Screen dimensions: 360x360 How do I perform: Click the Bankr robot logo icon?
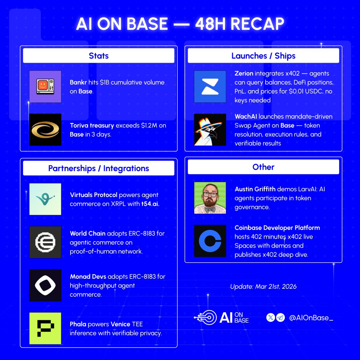tap(45, 87)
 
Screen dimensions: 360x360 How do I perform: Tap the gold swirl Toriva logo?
tap(45, 130)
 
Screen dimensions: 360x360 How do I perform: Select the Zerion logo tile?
tap(210, 87)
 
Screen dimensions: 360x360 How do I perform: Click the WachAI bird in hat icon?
tap(210, 130)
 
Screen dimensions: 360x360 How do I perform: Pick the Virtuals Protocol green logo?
tap(45, 199)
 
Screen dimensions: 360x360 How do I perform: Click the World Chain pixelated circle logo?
tap(45, 242)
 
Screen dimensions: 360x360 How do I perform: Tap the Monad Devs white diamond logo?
tap(45, 285)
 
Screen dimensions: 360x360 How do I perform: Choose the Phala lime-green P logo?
tap(45, 328)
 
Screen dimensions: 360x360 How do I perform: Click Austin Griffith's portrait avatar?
tap(210, 198)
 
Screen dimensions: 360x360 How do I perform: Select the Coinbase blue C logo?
tap(210, 241)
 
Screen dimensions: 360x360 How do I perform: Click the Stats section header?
tap(98, 56)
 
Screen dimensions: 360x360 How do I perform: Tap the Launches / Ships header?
tap(263, 56)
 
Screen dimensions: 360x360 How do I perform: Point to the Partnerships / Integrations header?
tap(98, 168)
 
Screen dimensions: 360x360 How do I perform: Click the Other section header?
tap(263, 167)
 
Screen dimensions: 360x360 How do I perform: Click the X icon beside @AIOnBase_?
tap(271, 318)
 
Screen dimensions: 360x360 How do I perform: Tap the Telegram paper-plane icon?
tap(280, 318)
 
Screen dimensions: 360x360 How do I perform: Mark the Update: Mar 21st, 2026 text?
tap(263, 286)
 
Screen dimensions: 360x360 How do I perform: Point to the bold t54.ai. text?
tap(150, 204)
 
